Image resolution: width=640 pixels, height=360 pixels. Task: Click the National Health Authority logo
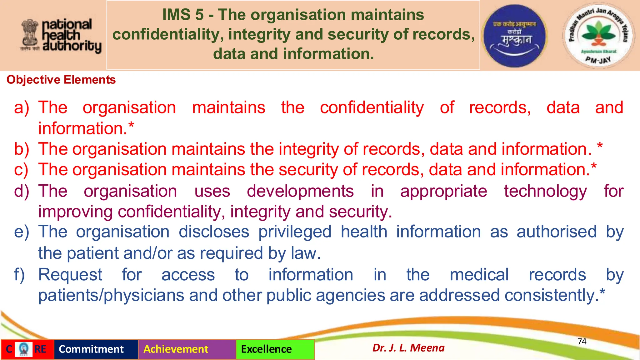(61, 36)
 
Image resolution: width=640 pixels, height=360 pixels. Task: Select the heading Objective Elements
(61, 80)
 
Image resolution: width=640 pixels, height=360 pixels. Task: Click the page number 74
(582, 342)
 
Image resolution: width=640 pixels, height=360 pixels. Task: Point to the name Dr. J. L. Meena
(408, 348)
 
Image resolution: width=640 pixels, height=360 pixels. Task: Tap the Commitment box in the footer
(91, 349)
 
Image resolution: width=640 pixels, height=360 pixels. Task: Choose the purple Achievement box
(176, 349)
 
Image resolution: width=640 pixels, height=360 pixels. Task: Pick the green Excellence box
(266, 349)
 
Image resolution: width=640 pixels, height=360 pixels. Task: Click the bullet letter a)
(22, 108)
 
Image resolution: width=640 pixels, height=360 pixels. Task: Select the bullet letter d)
(22, 191)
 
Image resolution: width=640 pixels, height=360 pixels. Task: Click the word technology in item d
(545, 191)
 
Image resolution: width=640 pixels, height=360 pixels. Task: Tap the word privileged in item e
(295, 232)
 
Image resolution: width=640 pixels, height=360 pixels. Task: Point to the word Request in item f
(70, 275)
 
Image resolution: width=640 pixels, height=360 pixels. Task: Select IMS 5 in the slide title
(183, 15)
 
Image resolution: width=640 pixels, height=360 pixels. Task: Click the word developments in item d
(300, 191)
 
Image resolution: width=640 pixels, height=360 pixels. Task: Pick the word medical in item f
(479, 275)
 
